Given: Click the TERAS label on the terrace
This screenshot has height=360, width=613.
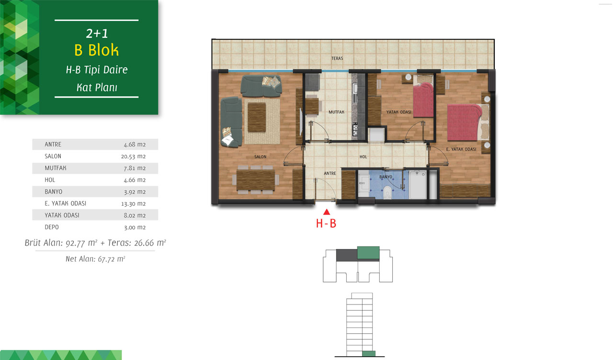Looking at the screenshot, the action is click(337, 58).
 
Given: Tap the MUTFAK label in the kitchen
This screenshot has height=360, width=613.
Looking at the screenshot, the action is click(336, 112).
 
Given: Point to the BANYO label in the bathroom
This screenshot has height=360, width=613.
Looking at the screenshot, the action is click(386, 177).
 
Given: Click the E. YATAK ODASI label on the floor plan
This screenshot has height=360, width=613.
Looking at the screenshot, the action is click(461, 149).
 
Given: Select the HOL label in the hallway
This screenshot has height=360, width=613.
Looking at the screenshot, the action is click(363, 157).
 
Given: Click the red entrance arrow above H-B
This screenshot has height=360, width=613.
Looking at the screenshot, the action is click(327, 212).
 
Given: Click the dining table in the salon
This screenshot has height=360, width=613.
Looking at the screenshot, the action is click(256, 180).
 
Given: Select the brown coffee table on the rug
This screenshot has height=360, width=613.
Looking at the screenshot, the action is click(257, 117).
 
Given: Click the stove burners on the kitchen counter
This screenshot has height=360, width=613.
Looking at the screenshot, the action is click(355, 129).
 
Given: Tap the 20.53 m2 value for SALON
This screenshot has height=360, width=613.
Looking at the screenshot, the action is click(133, 157).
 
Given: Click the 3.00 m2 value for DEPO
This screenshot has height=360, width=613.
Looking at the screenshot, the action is click(135, 227).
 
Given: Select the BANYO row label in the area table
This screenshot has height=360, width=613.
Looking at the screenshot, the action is click(53, 192).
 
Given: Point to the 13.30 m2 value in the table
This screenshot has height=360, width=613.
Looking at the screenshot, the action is click(133, 204).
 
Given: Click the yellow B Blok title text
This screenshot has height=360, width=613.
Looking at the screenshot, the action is click(96, 50).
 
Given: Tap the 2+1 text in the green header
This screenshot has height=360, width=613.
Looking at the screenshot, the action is click(97, 34).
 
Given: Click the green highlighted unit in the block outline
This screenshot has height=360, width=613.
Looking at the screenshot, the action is click(368, 253).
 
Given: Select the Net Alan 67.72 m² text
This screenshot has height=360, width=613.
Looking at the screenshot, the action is click(95, 259).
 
